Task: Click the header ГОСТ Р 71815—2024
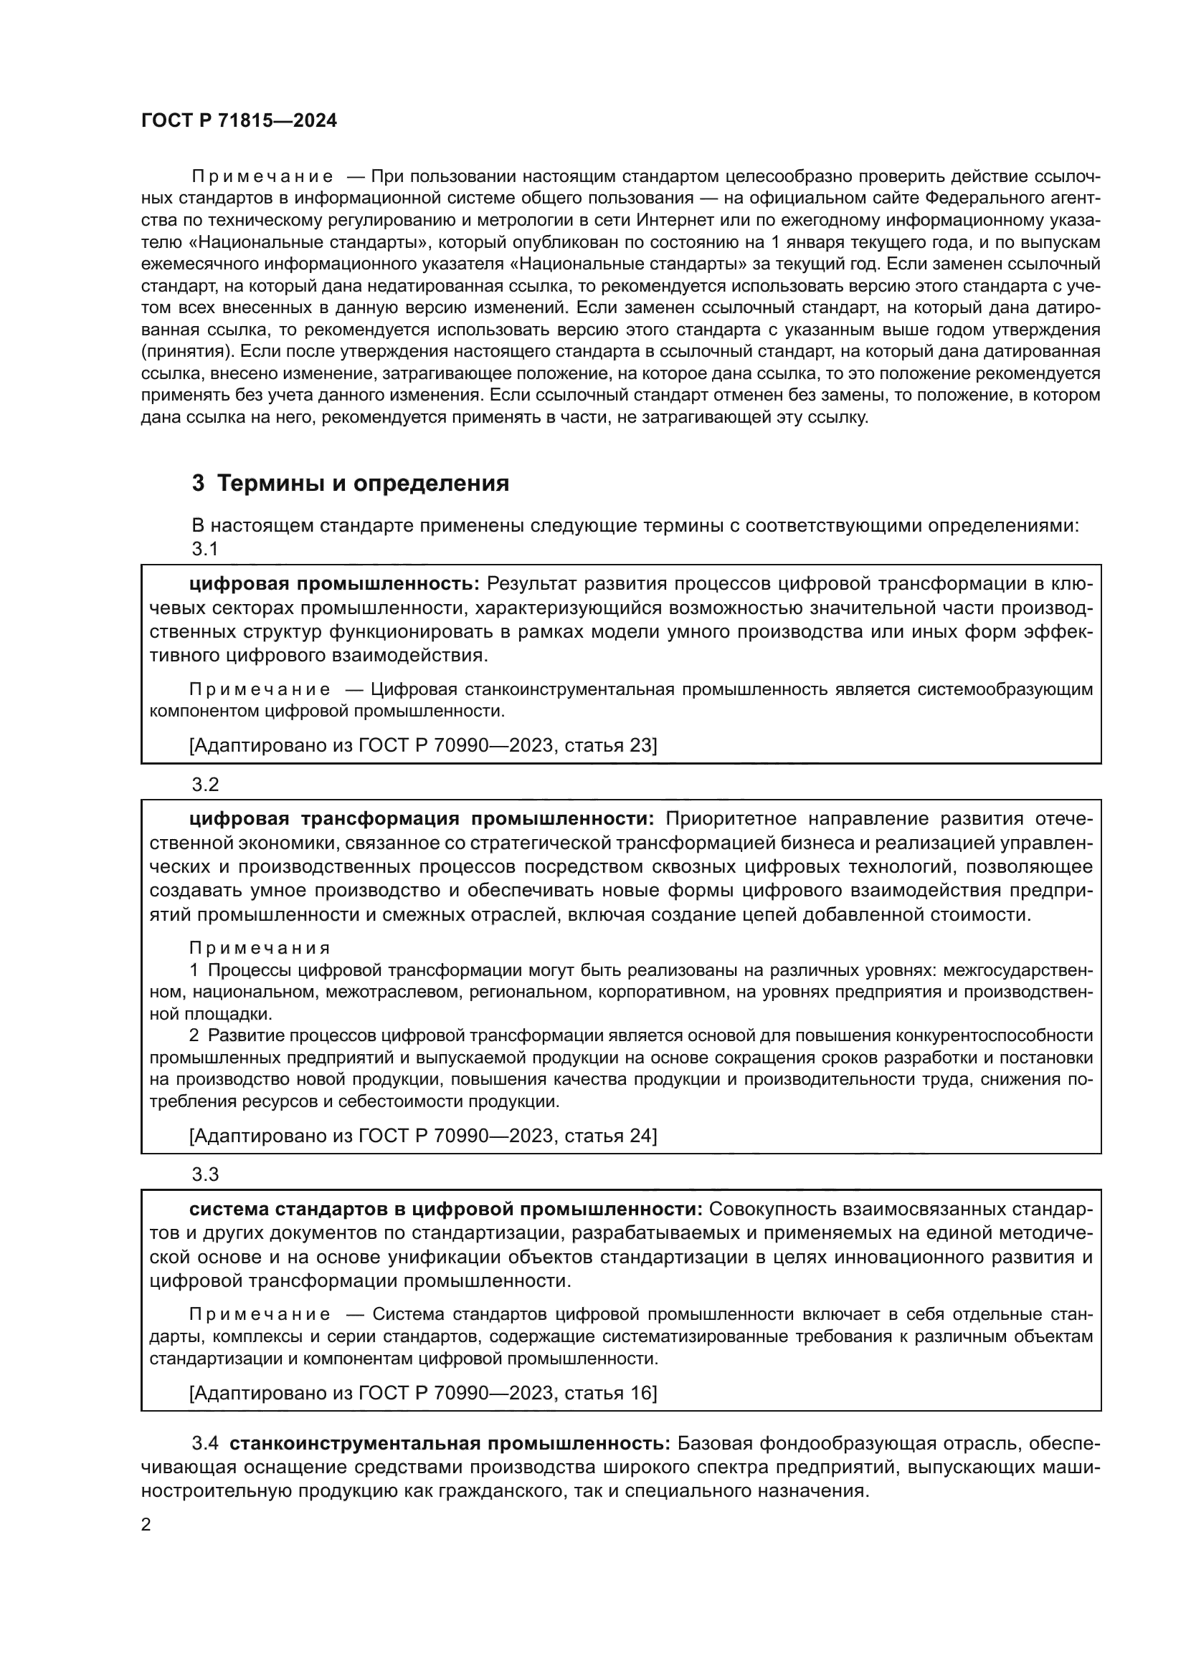point(239,121)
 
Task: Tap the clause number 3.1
point(205,550)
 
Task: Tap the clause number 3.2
point(205,785)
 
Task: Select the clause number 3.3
point(205,1174)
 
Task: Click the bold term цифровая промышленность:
point(334,584)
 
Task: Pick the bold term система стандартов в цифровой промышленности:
point(445,1209)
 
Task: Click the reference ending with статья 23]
point(423,745)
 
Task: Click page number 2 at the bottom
point(146,1524)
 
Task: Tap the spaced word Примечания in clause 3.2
point(260,948)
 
